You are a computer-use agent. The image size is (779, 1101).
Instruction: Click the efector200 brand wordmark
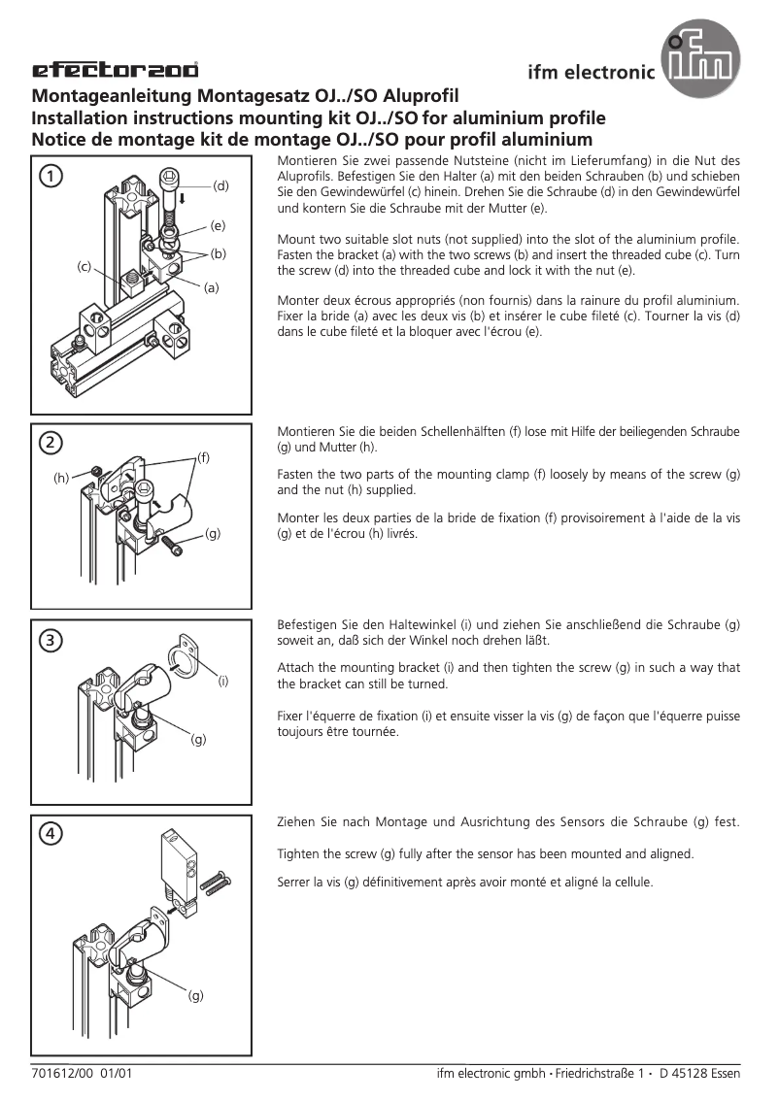pos(116,70)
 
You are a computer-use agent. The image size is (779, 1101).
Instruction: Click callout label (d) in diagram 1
pos(220,184)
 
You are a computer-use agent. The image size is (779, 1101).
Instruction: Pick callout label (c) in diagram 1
pos(85,266)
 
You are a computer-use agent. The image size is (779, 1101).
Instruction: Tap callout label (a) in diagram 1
pos(211,287)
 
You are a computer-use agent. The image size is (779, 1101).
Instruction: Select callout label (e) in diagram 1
pos(218,225)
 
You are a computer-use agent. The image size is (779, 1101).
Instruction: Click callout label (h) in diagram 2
pos(61,478)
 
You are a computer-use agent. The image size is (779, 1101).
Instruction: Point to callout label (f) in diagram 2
pos(203,455)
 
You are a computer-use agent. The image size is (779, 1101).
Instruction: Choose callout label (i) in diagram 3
pos(222,682)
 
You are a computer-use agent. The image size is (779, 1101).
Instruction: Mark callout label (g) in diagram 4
pos(196,996)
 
